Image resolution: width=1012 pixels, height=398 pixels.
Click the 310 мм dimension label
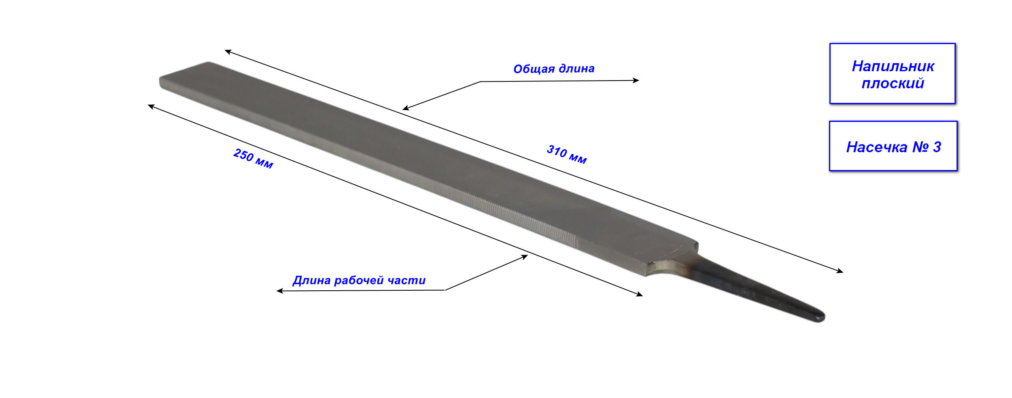(567, 154)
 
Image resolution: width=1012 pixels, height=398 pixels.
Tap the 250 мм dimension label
(253, 158)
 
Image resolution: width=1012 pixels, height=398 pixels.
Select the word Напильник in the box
(893, 66)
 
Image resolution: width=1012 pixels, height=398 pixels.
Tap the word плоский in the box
(893, 83)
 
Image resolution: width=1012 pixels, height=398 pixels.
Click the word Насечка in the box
(876, 147)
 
